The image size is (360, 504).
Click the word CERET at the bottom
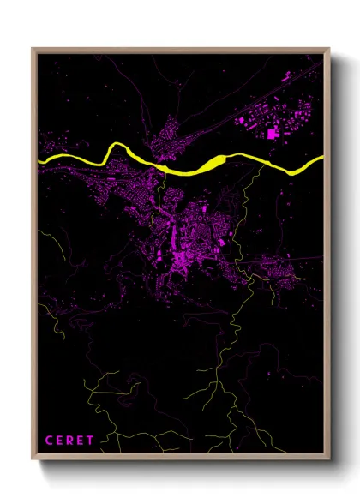(68, 441)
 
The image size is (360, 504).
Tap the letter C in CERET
(47, 441)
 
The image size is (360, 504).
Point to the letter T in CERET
(90, 441)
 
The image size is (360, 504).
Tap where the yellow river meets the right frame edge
(322, 159)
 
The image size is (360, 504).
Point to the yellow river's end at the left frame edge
(39, 159)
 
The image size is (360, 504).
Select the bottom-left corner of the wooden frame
(33, 462)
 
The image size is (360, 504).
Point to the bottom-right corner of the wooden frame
(330, 462)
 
